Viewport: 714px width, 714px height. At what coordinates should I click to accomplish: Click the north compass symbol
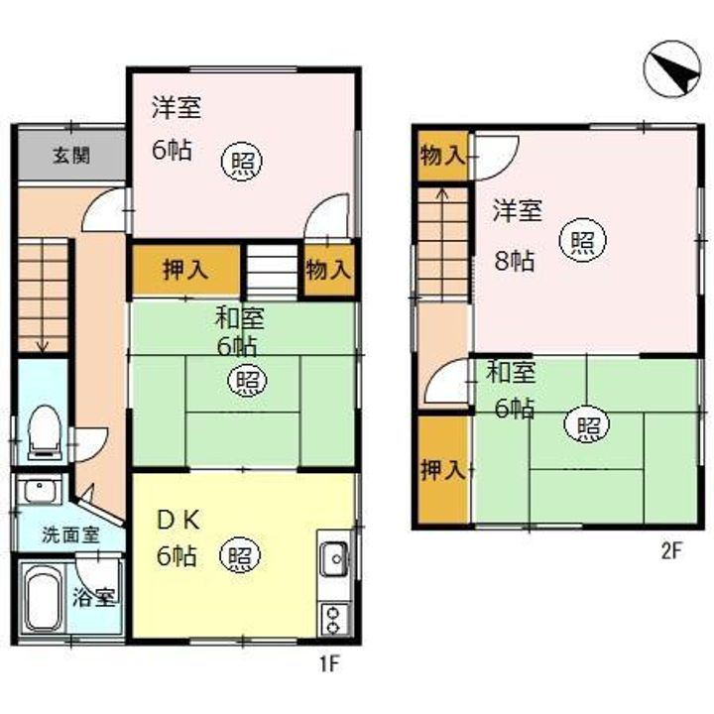tap(672, 68)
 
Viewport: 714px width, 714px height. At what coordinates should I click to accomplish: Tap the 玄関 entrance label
tap(71, 156)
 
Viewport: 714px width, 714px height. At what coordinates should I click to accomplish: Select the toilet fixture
tap(45, 432)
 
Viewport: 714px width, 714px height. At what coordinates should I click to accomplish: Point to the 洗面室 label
tap(71, 535)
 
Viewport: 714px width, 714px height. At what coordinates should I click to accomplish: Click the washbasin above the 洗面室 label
tap(40, 490)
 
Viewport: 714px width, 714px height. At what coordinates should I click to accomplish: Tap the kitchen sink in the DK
tap(336, 558)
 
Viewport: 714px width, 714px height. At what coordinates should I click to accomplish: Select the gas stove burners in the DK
tap(335, 619)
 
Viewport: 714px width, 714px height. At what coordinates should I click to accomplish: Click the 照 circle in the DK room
tap(240, 555)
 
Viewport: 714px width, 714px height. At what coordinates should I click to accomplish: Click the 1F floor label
tap(329, 664)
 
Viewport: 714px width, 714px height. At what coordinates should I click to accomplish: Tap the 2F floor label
tap(670, 551)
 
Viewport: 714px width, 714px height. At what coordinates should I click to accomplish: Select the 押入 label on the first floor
tap(185, 271)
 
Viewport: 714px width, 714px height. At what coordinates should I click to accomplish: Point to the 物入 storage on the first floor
tap(329, 271)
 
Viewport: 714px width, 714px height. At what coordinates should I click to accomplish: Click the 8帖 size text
tap(515, 262)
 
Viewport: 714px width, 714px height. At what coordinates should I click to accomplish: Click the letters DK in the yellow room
tap(178, 521)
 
